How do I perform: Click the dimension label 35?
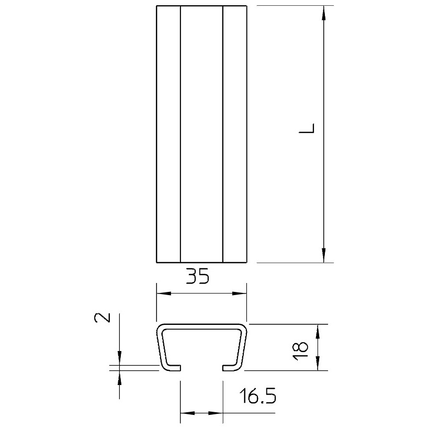(x=198, y=276)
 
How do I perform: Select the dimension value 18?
(x=300, y=351)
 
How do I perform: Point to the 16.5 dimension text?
(x=258, y=396)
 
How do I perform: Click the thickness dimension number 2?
(x=103, y=318)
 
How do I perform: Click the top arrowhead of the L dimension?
(x=324, y=13)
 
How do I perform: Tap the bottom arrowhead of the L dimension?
(x=324, y=255)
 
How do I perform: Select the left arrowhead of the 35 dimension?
(x=164, y=293)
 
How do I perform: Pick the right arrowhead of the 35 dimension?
(x=240, y=293)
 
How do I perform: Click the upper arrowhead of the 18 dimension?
(x=318, y=331)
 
